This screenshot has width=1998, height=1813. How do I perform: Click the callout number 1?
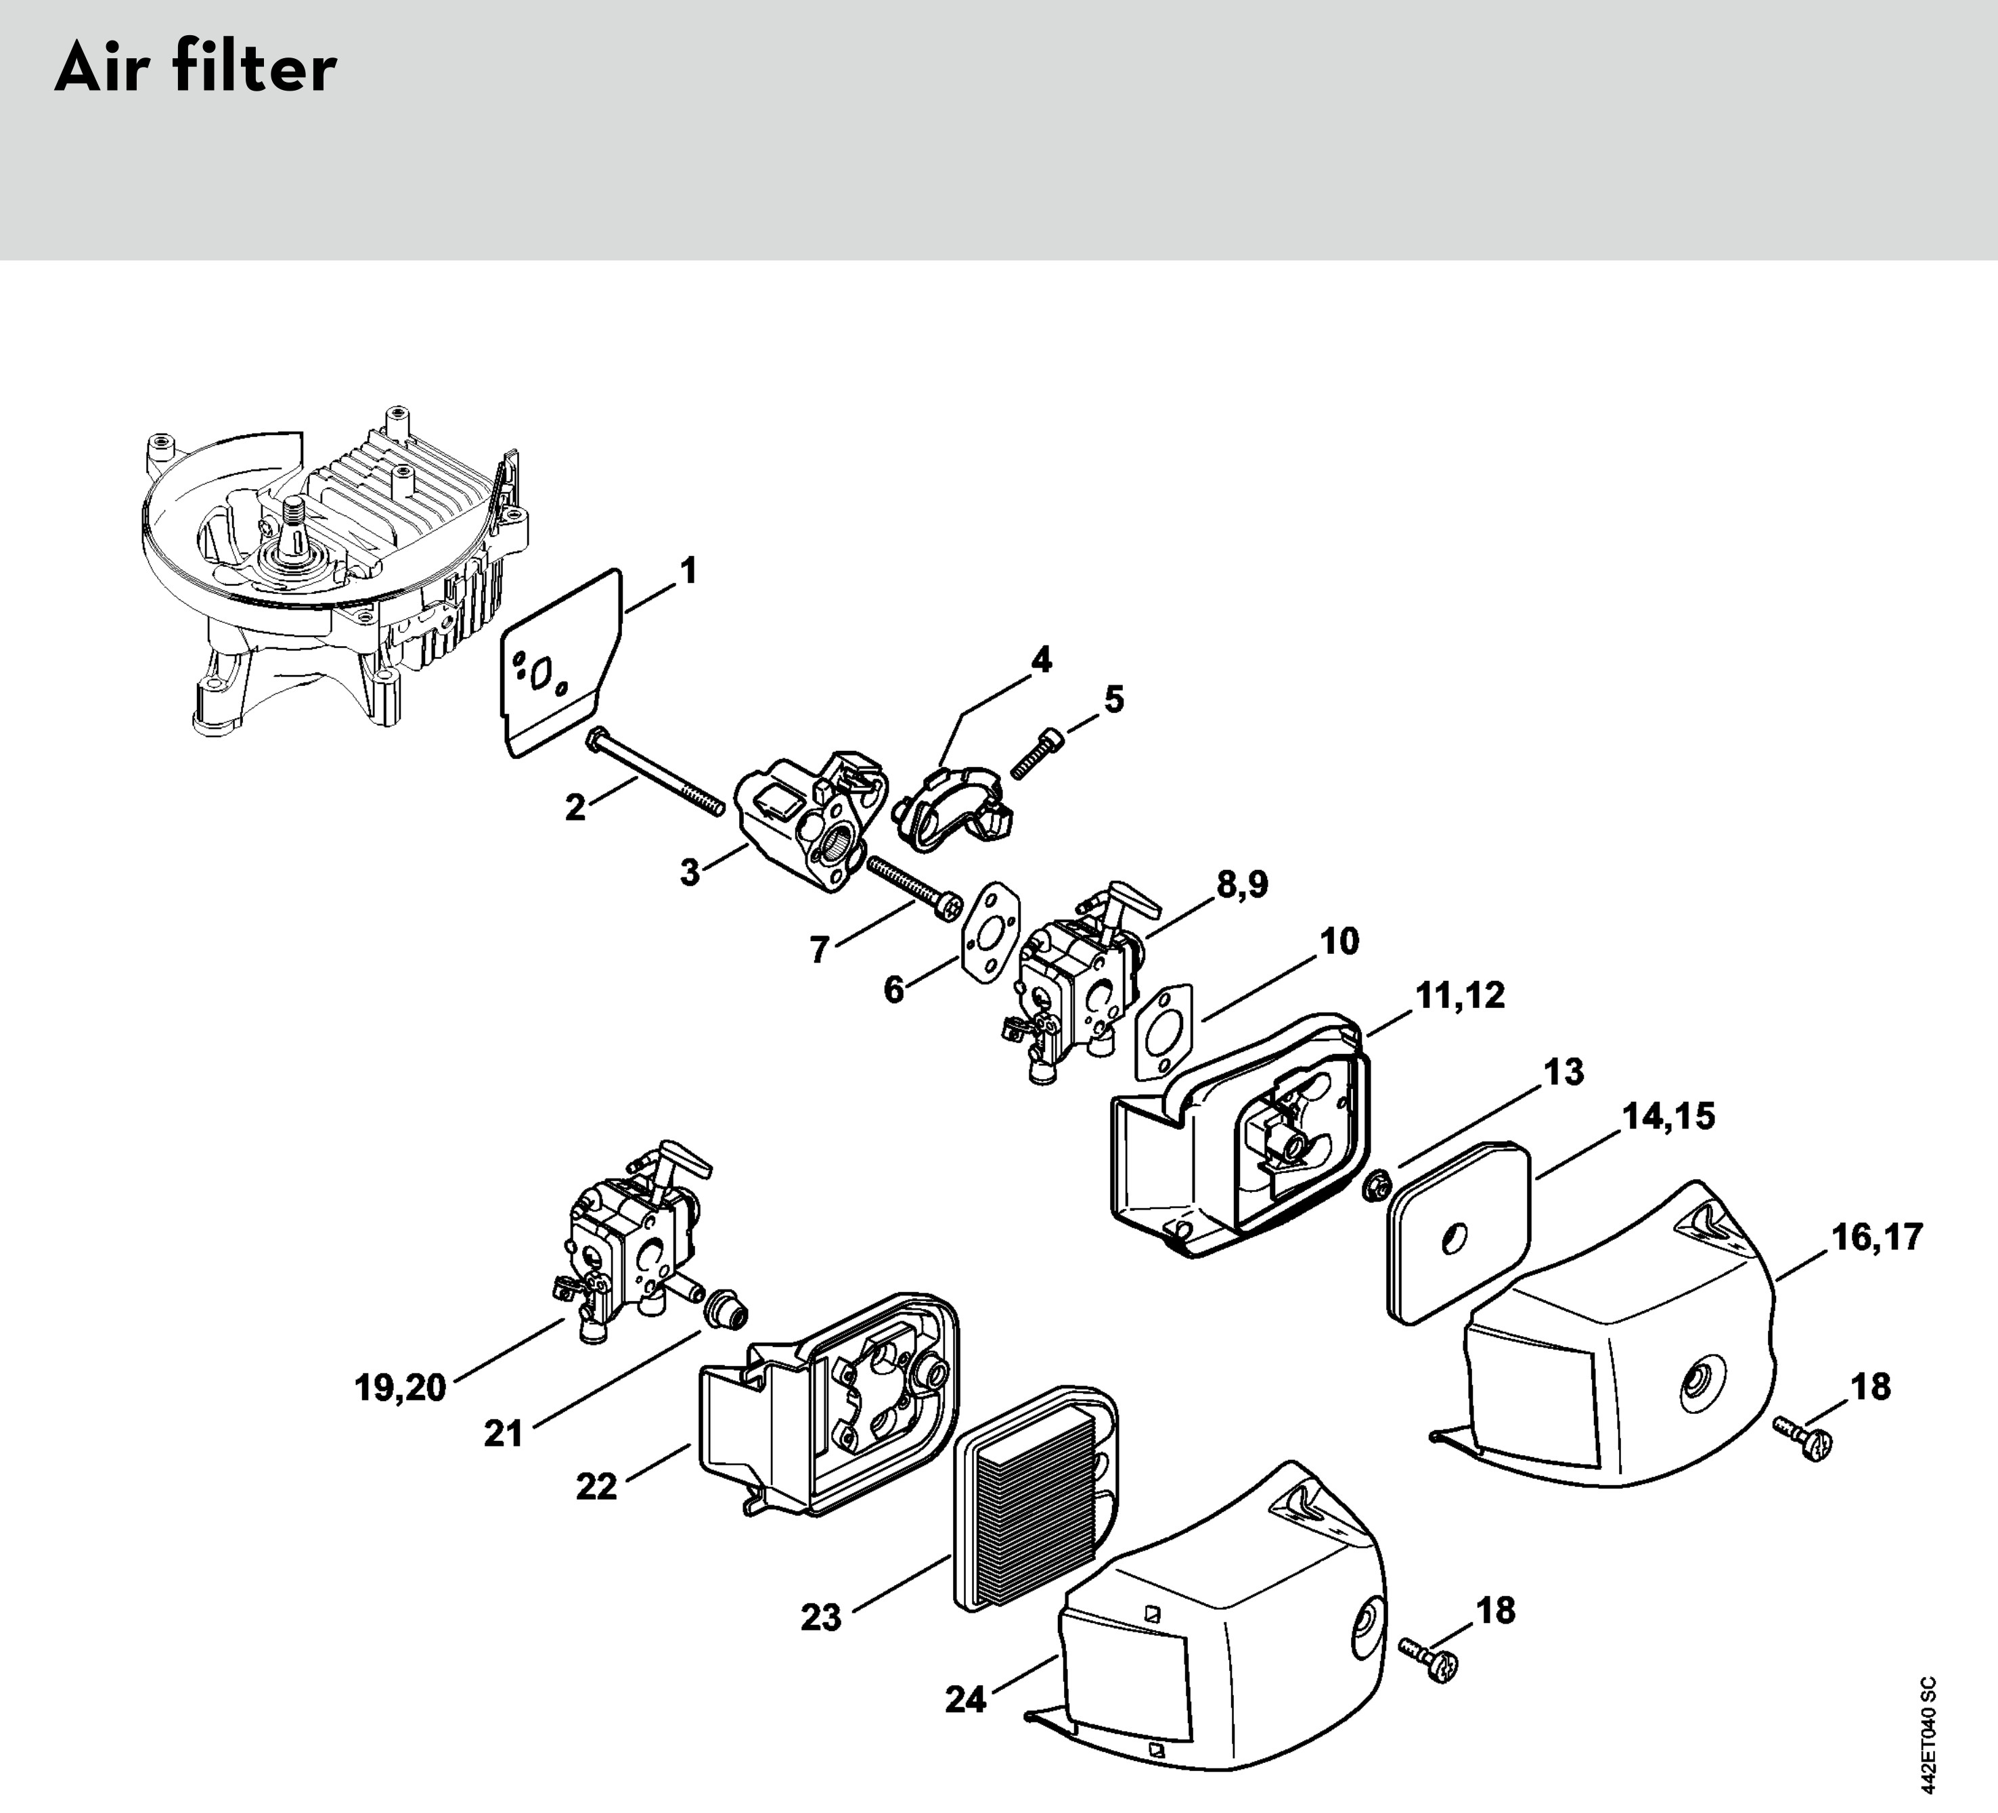[688, 571]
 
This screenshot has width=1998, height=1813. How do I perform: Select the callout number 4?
[1041, 660]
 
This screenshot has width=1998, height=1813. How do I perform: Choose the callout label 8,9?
[1242, 885]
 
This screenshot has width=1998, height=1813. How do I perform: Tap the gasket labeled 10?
[1165, 1030]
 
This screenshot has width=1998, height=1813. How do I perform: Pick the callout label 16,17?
[1876, 1237]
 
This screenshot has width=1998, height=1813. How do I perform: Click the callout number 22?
[596, 1486]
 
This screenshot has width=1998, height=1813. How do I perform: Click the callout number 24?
[965, 1700]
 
